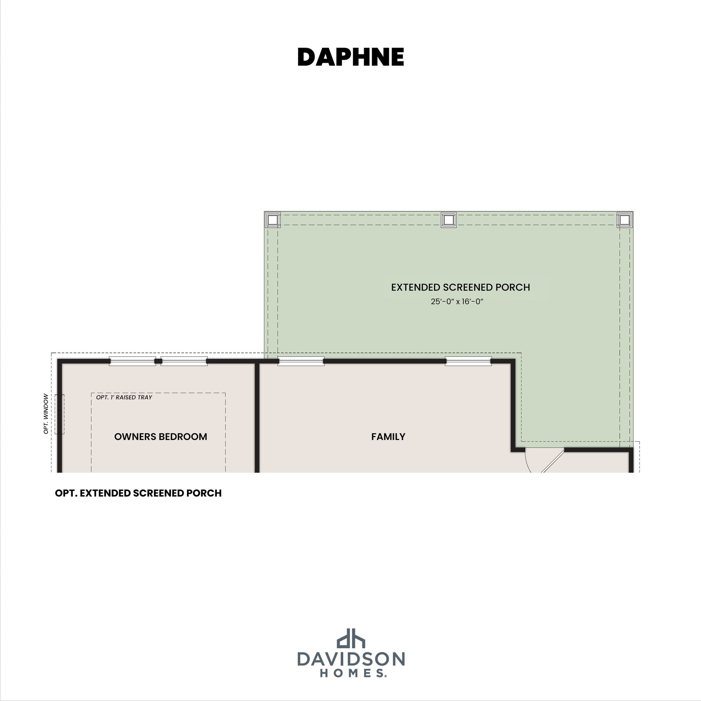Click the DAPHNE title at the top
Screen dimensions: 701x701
click(x=350, y=57)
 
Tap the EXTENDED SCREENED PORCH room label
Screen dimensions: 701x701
click(x=460, y=287)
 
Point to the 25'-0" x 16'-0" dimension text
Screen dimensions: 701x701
click(x=457, y=302)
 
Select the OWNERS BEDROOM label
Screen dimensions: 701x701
click(x=161, y=437)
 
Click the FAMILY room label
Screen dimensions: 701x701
click(x=388, y=437)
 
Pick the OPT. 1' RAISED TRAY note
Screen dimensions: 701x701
click(x=124, y=397)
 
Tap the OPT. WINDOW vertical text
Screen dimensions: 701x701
click(x=46, y=414)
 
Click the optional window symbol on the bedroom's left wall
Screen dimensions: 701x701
click(x=60, y=414)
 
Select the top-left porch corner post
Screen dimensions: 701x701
click(x=272, y=220)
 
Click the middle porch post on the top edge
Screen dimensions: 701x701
click(x=449, y=220)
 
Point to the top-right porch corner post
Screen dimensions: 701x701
click(x=625, y=220)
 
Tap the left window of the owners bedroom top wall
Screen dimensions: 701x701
click(x=133, y=361)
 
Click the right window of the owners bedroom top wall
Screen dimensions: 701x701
click(x=184, y=361)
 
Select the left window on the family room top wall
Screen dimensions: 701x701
click(x=301, y=361)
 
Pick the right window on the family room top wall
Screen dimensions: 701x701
click(x=468, y=361)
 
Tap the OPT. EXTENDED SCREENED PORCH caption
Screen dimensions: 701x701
click(x=138, y=493)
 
